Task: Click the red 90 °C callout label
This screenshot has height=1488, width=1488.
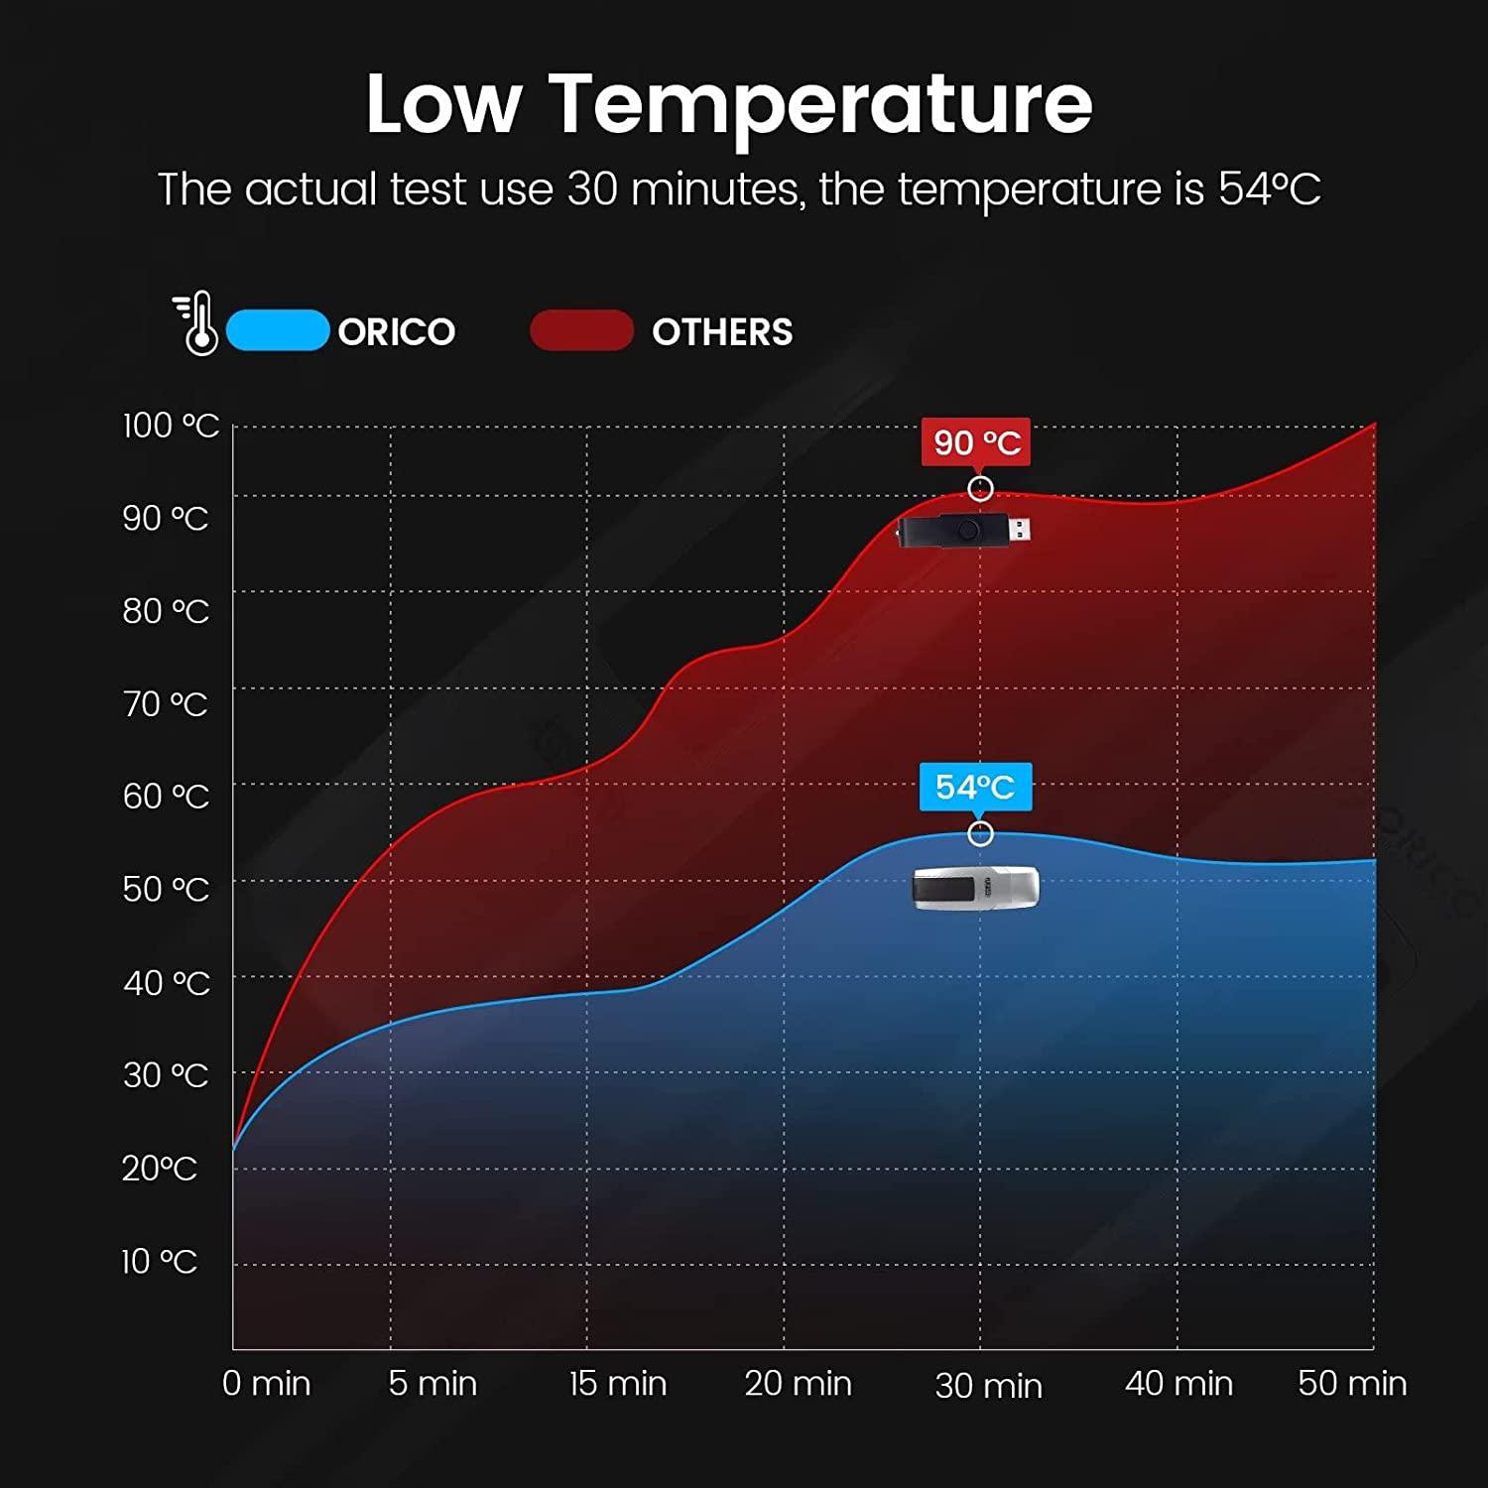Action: point(976,442)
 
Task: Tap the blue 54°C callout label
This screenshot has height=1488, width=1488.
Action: point(975,787)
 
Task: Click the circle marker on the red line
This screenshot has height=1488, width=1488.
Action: point(980,488)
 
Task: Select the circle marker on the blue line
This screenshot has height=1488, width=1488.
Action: point(980,833)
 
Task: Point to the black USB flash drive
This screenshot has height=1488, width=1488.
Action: point(963,531)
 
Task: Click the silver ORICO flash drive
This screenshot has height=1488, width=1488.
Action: point(975,887)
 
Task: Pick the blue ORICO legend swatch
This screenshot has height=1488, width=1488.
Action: point(278,330)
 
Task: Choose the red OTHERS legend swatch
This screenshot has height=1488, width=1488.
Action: point(582,330)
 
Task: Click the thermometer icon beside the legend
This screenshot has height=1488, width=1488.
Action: point(197,323)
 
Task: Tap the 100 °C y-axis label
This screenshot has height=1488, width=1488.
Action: point(171,426)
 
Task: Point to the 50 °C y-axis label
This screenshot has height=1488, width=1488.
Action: point(166,889)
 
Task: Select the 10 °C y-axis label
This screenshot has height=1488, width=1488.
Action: point(160,1262)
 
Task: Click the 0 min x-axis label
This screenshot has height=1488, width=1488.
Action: point(266,1383)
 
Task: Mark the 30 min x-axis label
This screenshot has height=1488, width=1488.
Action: point(988,1385)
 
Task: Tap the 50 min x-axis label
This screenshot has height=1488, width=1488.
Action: point(1352,1383)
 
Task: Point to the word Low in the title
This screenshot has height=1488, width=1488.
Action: point(442,103)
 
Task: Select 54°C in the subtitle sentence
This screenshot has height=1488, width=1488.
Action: point(1269,188)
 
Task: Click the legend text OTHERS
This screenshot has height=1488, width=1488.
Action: point(722,331)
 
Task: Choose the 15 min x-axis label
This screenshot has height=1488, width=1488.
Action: point(617,1383)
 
